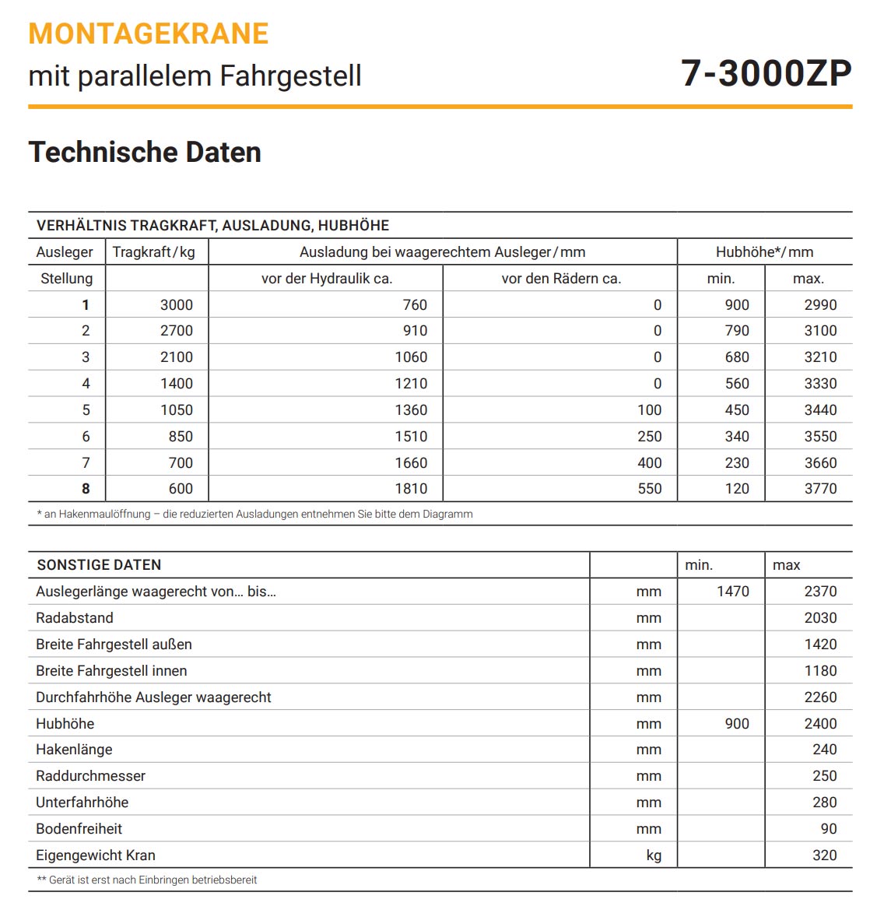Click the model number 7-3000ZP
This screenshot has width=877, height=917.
pos(766,73)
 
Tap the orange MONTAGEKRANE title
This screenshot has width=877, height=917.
pos(149,33)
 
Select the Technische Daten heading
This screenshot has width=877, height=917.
pos(145,152)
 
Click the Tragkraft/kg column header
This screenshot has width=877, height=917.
pos(153,252)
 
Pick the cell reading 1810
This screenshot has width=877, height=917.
pos(410,489)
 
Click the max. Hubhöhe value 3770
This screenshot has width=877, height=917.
pos(820,489)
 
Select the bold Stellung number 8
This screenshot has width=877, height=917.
pos(86,489)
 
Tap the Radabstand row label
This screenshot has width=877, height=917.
pos(75,618)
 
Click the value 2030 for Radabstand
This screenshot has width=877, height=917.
pos(820,618)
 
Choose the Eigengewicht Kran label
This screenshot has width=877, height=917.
pos(96,856)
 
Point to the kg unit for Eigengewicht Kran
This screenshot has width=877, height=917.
pos(654,856)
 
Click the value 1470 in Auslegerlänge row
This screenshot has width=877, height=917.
pos(732,592)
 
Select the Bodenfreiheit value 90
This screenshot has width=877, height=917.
pos(829,829)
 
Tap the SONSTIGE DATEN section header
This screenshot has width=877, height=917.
pos(99,565)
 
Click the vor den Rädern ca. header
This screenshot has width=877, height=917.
pos(561,279)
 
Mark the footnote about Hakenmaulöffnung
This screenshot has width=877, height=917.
pos(254,514)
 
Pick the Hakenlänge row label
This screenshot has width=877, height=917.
pos(74,750)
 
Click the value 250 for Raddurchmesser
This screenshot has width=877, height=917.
pos(824,776)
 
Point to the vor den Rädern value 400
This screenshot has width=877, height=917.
pos(649,463)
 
